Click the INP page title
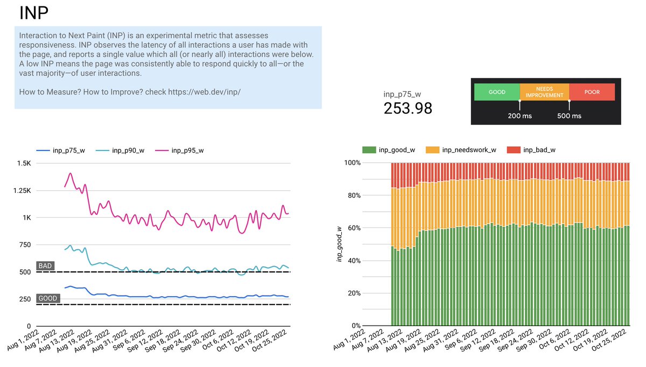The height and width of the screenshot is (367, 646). [x=37, y=13]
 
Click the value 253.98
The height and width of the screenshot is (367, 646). [x=408, y=109]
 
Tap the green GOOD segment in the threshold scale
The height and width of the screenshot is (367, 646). [x=496, y=92]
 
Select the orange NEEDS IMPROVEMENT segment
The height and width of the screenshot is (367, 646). [x=544, y=92]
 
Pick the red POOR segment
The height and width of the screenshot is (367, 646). [x=592, y=92]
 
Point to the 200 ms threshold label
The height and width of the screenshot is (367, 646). [x=520, y=116]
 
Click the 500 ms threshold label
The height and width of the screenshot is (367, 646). [x=569, y=116]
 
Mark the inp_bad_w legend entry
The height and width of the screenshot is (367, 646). [x=531, y=150]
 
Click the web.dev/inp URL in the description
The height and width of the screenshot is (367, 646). [x=204, y=92]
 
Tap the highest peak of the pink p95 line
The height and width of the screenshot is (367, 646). [x=70, y=174]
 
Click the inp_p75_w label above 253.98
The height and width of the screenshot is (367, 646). [x=402, y=95]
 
